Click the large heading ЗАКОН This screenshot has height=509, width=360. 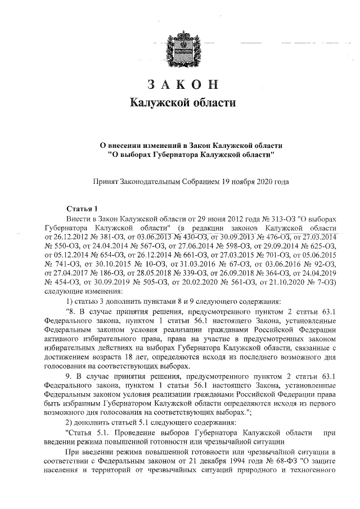[181, 84]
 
